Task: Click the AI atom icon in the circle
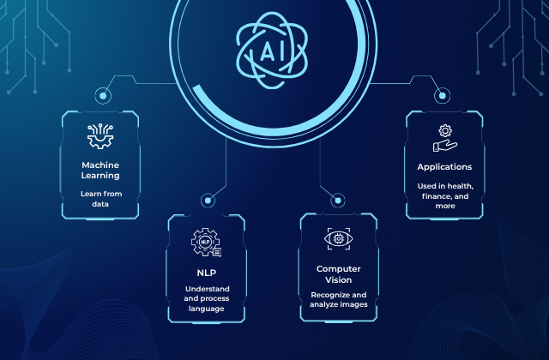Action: pos(272,50)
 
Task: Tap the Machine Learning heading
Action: pos(100,170)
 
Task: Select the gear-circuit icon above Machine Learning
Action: pos(100,136)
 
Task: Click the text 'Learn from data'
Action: pos(101,199)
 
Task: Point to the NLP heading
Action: pos(207,273)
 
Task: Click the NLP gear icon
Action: pos(206,242)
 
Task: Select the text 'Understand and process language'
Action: pos(207,299)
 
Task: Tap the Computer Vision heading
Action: pos(338,274)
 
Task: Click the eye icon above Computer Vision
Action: pos(339,239)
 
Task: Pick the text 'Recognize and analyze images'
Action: pos(339,300)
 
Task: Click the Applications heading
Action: pos(444,167)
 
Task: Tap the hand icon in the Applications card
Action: pos(445,146)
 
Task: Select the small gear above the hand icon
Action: pos(445,131)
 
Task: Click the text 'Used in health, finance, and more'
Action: pos(445,196)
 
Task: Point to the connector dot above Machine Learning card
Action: pos(103,95)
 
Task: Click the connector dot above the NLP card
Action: pos(208,201)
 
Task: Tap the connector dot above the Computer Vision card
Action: pos(338,201)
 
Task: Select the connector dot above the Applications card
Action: pos(443,95)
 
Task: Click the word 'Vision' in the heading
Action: pos(338,280)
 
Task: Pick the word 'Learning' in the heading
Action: pos(100,175)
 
